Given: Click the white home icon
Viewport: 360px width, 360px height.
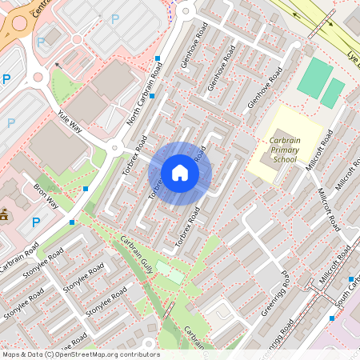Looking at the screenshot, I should coord(180,172).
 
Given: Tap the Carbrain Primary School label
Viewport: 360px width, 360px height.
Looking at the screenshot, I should coord(283,149).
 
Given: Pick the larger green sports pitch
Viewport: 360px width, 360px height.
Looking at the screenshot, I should coord(314,78).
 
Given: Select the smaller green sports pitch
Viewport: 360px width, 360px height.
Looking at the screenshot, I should coord(333,93).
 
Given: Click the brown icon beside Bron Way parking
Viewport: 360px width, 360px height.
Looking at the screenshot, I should coord(5,214).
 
